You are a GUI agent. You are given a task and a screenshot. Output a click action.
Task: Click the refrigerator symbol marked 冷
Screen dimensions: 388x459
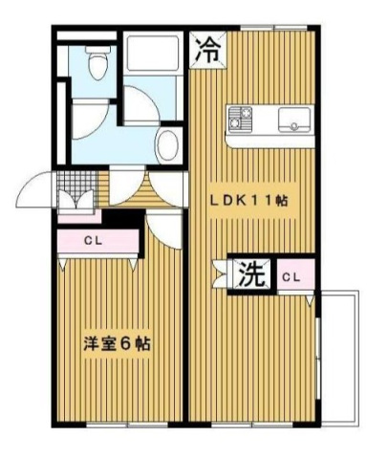pos(208,50)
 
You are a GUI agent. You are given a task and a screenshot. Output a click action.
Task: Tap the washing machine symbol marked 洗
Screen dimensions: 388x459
pos(251,274)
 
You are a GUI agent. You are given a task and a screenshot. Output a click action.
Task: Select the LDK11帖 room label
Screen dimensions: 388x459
pos(248,201)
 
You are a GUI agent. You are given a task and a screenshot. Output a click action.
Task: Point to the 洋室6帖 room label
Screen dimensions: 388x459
pos(117,344)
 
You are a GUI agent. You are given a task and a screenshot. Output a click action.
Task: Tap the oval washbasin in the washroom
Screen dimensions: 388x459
pos(167,145)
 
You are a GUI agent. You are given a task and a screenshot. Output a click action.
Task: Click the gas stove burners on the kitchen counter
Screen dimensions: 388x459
pos(241,119)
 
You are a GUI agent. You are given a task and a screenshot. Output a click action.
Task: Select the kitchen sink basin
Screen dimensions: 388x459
pos(294,120)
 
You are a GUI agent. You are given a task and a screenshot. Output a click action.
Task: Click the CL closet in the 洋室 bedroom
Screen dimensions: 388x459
pos(98,241)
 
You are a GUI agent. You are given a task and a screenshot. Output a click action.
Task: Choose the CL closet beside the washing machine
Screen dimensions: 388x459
pos(295,277)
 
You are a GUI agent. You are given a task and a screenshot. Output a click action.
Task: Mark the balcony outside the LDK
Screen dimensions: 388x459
pos(339,357)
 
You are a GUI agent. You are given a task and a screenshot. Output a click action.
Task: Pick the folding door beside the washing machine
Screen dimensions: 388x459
pos(221,274)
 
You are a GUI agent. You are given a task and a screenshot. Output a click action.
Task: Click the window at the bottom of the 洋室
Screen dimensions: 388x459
pos(127,425)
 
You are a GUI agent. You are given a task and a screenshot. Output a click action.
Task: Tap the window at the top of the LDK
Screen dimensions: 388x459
pos(273,28)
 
